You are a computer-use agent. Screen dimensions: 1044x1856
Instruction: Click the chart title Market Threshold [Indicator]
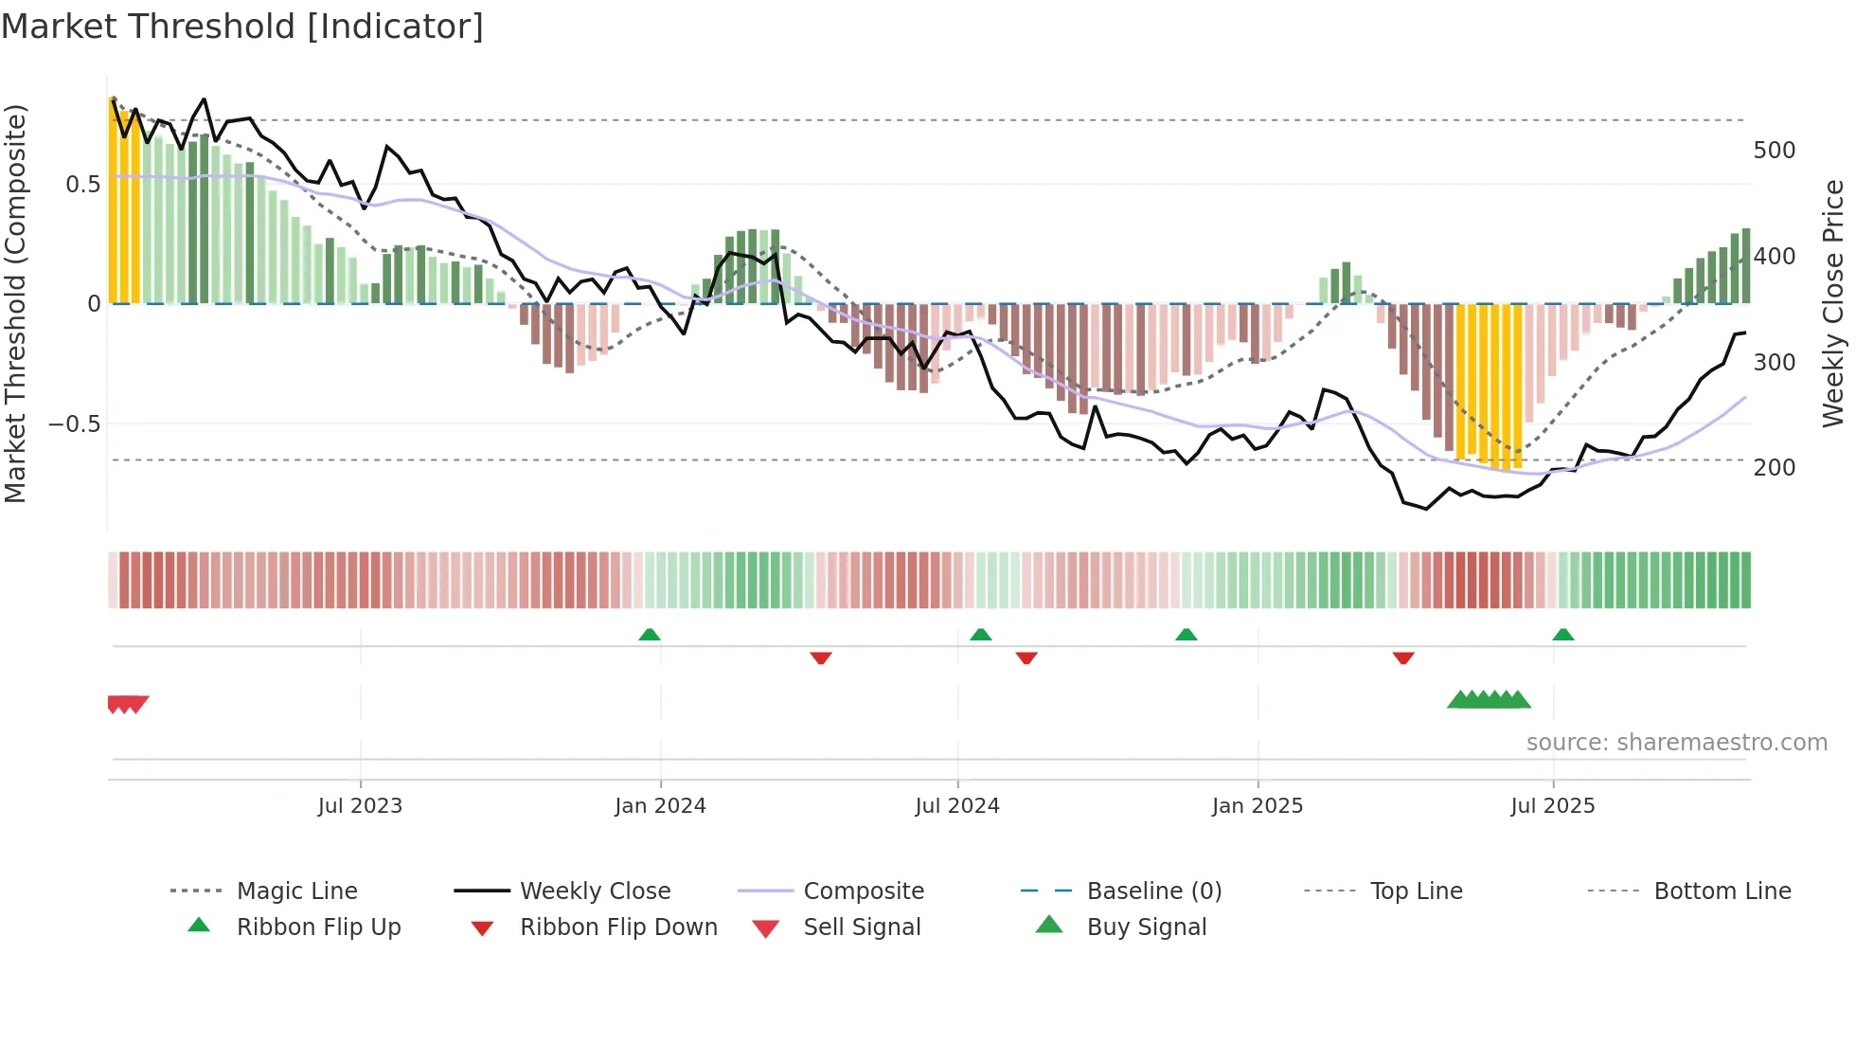pos(242,27)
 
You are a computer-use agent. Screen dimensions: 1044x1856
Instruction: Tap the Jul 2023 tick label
pos(360,806)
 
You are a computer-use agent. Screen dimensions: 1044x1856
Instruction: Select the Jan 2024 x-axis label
pos(660,806)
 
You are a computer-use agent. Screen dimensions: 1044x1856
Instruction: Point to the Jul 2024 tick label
pos(957,806)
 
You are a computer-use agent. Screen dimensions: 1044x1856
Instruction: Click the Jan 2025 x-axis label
pos(1258,806)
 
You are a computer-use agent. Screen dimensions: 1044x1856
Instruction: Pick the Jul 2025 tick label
pos(1553,806)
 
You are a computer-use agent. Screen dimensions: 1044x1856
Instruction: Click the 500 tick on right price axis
pos(1775,151)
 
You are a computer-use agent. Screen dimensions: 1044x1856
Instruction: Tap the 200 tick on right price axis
pos(1775,468)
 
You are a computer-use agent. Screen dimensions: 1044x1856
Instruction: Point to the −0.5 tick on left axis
pos(75,423)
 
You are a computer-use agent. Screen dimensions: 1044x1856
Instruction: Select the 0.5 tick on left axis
pos(82,185)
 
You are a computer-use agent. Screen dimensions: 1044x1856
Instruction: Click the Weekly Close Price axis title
pos(1833,303)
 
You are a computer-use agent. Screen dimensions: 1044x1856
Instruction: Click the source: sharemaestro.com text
pos(1676,743)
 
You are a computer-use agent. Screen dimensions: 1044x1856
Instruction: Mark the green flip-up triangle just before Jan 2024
pos(650,635)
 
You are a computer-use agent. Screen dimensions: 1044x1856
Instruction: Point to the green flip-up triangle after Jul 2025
pos(1563,635)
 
